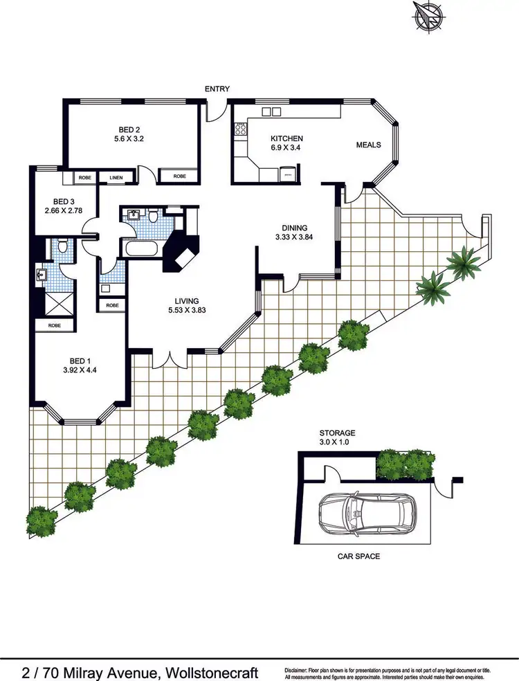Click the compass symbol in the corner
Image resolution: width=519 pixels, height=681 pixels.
428,16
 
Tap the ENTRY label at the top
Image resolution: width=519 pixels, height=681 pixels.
217,89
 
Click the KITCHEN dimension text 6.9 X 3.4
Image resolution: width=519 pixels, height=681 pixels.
286,148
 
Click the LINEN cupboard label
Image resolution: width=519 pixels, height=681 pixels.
116,178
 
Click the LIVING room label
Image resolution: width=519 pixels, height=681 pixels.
187,301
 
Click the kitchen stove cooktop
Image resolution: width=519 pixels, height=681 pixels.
241,129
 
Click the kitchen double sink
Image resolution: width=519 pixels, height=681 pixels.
270,112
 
